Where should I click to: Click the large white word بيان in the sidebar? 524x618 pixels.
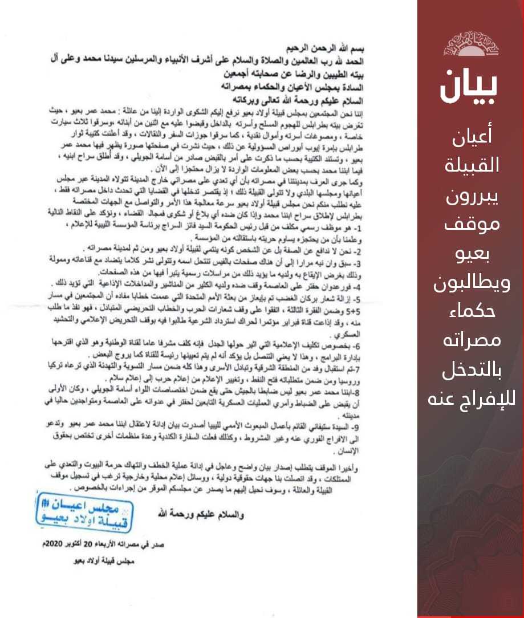469,86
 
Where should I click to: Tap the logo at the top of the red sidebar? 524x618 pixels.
470,44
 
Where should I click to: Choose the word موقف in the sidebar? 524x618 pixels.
470,222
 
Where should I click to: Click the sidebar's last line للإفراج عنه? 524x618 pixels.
471,397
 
